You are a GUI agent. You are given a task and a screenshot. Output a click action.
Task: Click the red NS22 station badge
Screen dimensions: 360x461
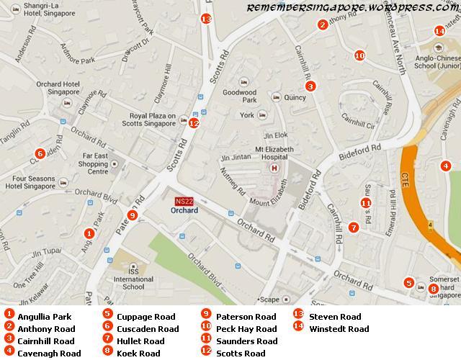[184, 201]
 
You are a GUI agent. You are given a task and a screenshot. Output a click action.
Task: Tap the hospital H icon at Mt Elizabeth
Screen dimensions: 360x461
[273, 168]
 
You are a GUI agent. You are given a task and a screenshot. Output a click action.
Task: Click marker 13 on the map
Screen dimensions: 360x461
[207, 19]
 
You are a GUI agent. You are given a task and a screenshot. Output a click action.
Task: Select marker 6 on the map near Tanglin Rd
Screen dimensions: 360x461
[40, 153]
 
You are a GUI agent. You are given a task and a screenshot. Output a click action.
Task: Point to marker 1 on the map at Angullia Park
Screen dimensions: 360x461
[89, 233]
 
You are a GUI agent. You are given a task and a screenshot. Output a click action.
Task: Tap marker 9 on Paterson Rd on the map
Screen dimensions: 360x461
[132, 215]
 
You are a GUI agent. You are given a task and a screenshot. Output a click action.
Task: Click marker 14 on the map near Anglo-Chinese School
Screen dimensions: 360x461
[439, 31]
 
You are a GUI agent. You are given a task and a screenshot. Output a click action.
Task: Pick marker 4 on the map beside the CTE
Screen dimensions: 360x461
[446, 166]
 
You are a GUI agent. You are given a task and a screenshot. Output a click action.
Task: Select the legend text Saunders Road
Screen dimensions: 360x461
[247, 341]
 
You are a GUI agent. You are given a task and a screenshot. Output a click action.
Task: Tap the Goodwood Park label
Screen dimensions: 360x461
[239, 96]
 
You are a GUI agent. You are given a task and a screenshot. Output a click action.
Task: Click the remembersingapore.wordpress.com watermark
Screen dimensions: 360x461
[352, 7]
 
